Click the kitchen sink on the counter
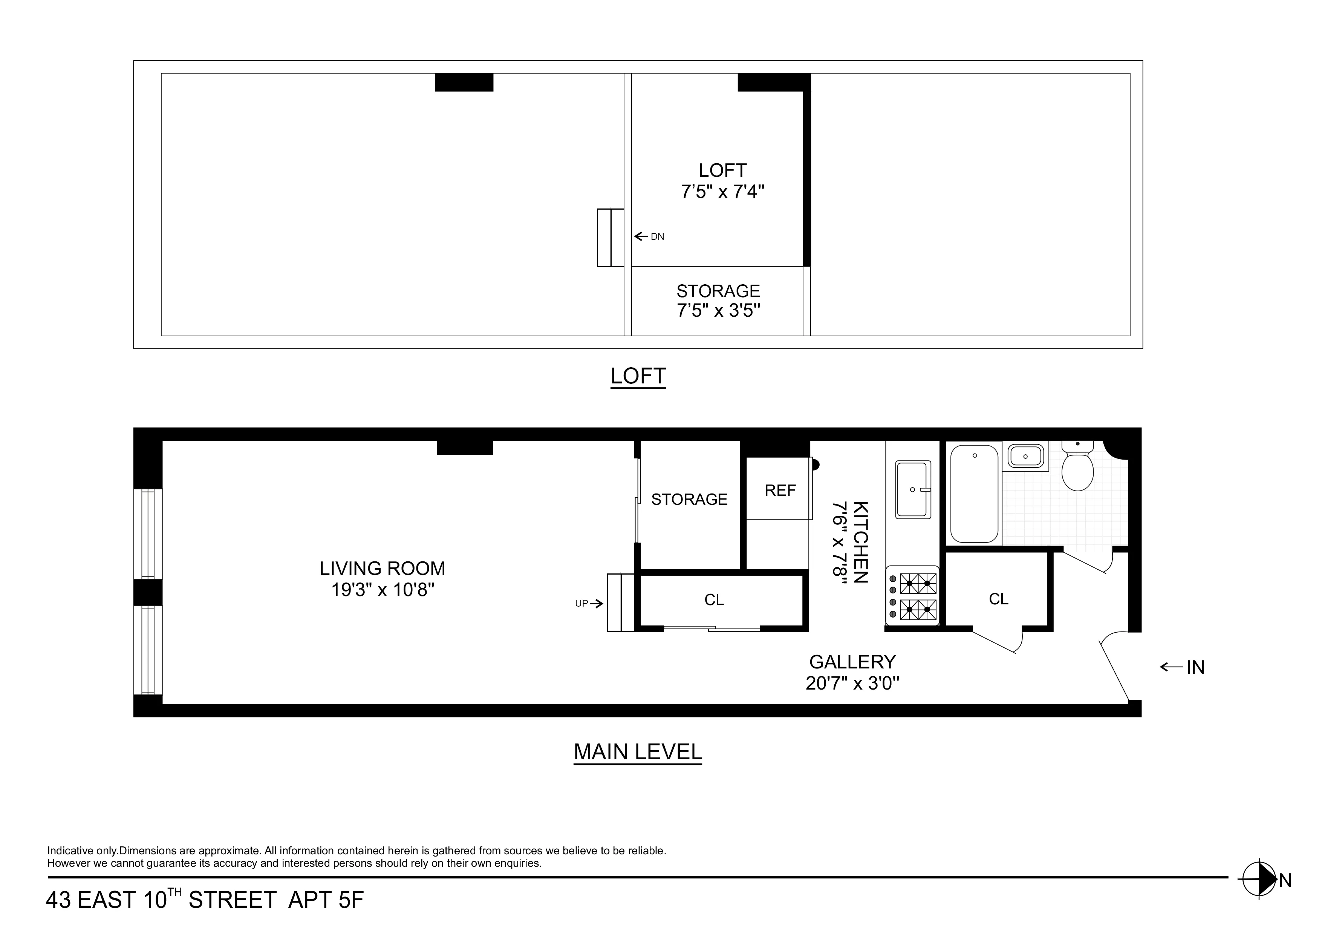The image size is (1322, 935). (x=913, y=489)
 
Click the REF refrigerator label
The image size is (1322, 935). (x=780, y=490)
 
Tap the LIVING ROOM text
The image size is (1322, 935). (x=383, y=569)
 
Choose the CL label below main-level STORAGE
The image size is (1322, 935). (x=714, y=600)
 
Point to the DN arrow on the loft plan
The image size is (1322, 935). (x=649, y=236)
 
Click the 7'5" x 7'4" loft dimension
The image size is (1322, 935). (x=722, y=191)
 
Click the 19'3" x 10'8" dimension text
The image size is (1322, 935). (x=383, y=590)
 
